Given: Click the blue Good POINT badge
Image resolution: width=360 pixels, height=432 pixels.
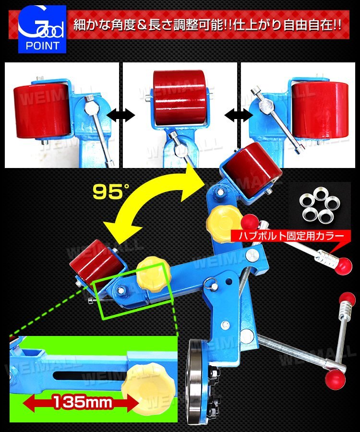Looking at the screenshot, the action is coord(42,29).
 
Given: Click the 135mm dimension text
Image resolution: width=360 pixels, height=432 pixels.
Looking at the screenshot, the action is coord(83,402).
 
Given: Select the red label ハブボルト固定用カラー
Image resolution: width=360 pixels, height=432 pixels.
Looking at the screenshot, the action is coord(291,236).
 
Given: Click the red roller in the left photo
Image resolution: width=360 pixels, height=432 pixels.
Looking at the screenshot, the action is coord(42,111).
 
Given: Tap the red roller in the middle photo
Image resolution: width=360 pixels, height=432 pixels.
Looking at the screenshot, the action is coord(179,97).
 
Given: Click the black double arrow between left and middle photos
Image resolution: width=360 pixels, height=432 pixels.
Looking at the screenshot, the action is coord(121,115).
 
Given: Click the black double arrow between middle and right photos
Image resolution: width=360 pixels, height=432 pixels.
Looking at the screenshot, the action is coord(239,115).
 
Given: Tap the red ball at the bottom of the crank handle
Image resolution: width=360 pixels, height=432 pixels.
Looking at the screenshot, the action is coord(335,379).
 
